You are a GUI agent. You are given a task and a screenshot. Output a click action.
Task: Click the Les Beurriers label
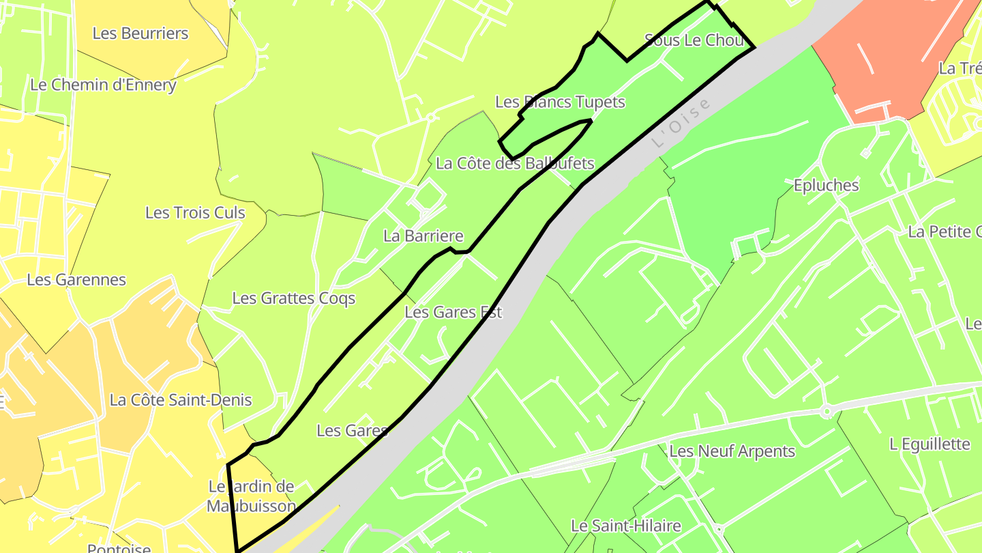click(140, 33)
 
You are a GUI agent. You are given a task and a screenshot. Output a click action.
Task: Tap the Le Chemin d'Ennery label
click(103, 85)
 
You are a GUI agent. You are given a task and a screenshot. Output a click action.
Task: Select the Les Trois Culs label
click(195, 213)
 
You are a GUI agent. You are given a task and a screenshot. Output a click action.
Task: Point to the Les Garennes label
click(76, 280)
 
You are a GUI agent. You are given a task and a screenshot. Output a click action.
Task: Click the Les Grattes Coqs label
click(293, 298)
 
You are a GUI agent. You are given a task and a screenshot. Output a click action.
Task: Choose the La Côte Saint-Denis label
click(181, 400)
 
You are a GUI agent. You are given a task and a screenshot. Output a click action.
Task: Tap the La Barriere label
click(423, 237)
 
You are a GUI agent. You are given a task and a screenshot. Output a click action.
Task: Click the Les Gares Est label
click(453, 313)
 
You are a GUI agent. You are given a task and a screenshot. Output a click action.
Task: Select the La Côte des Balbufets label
click(515, 164)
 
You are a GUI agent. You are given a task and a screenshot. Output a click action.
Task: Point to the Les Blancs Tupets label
click(560, 102)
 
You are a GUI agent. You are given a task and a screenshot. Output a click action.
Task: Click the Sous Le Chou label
click(694, 40)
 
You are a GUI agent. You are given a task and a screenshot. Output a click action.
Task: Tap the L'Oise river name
click(681, 124)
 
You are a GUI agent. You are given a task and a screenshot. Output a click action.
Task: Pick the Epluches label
click(826, 186)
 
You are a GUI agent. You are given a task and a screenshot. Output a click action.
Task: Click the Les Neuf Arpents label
click(732, 451)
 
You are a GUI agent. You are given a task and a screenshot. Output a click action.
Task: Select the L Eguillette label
click(929, 444)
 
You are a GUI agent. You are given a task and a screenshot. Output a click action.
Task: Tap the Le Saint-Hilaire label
click(625, 526)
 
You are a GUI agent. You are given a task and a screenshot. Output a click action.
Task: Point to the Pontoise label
click(119, 548)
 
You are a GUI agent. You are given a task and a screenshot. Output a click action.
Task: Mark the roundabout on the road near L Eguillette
click(826, 411)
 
